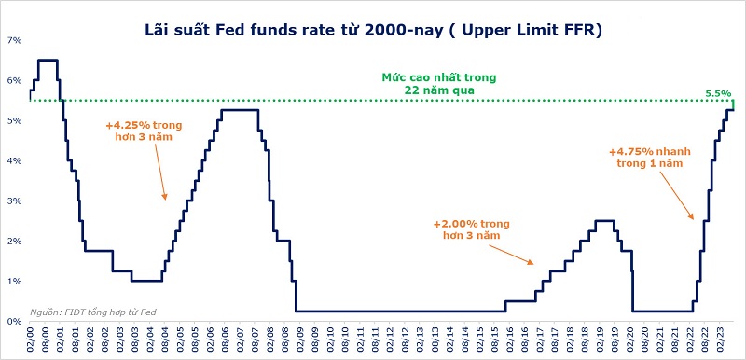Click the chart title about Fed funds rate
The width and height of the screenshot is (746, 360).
click(x=374, y=30)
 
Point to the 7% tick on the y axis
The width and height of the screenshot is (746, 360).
click(x=15, y=40)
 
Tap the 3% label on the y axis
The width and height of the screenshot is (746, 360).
click(x=15, y=201)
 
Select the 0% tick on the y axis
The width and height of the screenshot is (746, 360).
click(x=15, y=322)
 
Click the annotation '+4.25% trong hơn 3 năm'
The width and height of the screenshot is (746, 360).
click(x=145, y=132)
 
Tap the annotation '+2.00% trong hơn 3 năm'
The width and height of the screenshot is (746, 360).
click(x=472, y=228)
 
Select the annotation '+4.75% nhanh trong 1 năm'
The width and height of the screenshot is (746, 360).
click(x=650, y=158)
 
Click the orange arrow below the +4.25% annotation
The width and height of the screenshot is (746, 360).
click(x=160, y=172)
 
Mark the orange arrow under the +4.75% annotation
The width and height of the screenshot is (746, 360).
click(x=676, y=196)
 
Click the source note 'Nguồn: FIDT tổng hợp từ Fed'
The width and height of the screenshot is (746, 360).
click(x=92, y=312)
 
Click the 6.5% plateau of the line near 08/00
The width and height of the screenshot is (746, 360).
click(x=48, y=60)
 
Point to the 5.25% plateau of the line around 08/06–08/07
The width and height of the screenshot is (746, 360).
click(x=240, y=110)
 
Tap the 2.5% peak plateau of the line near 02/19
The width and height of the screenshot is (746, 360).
click(x=604, y=220)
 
